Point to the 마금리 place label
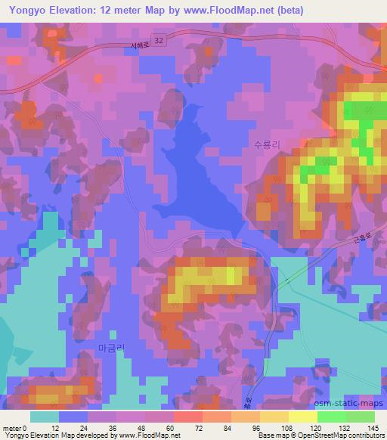tap(111, 347)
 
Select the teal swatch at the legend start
tap(45, 416)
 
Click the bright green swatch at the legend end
tap(360, 416)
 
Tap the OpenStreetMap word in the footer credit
tap(323, 435)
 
